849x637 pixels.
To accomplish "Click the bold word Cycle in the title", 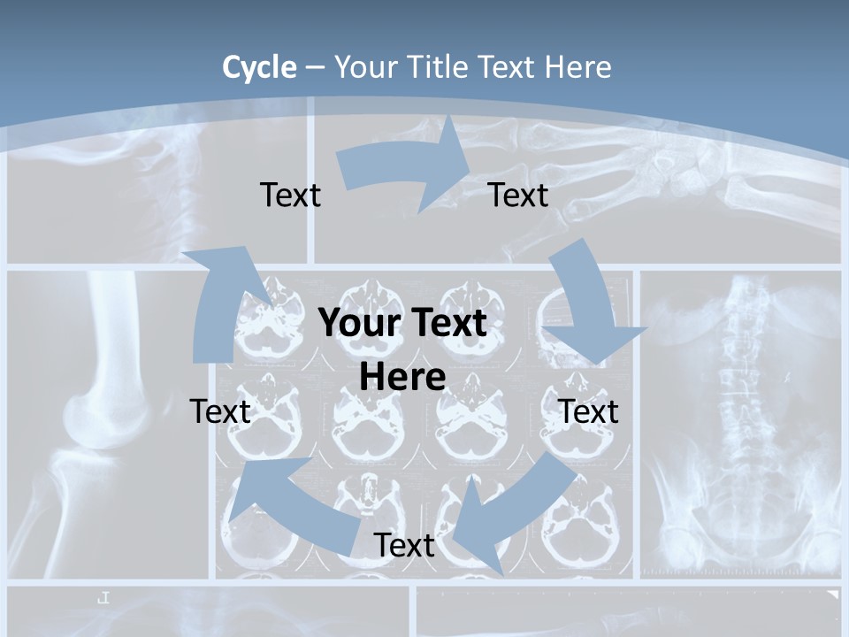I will [259, 67].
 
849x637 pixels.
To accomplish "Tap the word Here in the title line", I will [578, 67].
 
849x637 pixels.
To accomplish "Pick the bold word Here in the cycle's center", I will [402, 378].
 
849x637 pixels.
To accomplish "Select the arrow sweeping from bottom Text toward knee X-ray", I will [292, 504].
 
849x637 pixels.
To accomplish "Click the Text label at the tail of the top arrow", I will [290, 196].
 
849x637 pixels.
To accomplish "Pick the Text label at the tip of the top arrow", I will [518, 196].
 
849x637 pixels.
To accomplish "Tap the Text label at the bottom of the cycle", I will [403, 546].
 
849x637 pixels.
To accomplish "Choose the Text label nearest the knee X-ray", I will [220, 411].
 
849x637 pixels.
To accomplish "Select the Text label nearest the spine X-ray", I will [588, 411].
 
